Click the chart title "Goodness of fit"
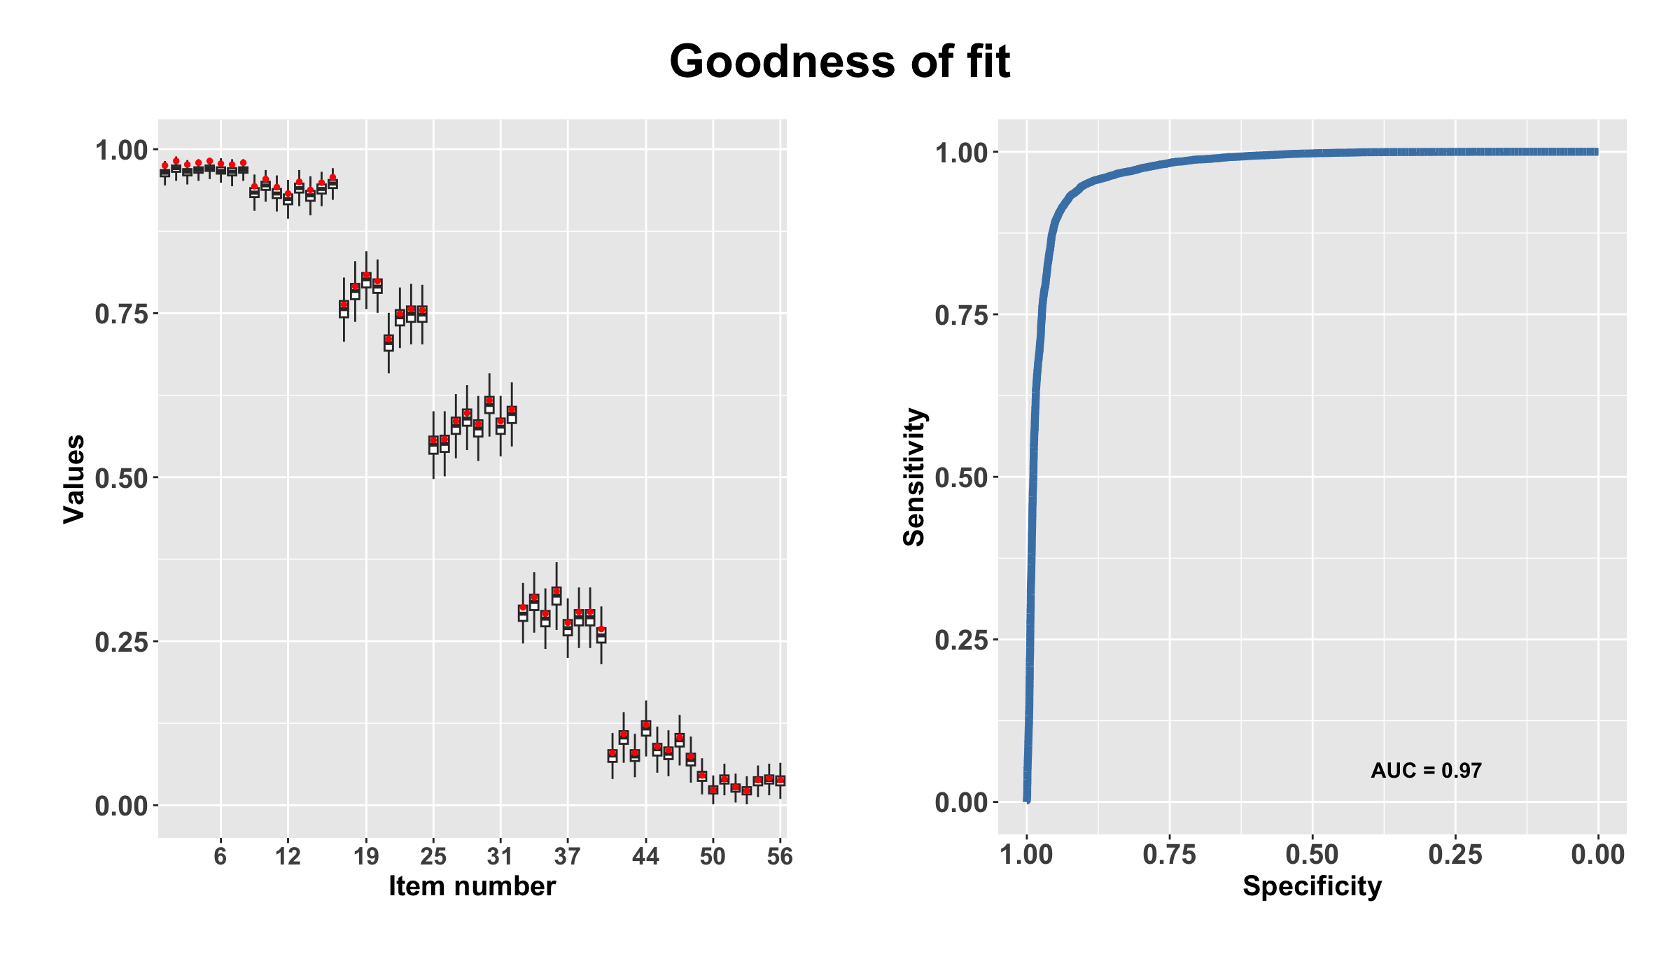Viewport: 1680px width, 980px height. tap(839, 62)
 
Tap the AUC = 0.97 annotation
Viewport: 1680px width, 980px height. tap(1426, 771)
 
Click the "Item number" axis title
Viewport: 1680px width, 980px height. tap(472, 886)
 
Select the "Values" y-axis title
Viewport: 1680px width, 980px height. tap(73, 479)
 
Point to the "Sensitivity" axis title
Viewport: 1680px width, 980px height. tap(914, 477)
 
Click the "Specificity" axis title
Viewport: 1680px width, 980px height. tap(1312, 886)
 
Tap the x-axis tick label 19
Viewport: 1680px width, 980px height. tap(366, 855)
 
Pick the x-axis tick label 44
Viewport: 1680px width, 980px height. tap(645, 855)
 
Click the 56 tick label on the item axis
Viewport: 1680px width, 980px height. tap(780, 855)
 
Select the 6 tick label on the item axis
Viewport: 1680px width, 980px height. tap(220, 855)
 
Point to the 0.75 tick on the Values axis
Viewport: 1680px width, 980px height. tap(122, 314)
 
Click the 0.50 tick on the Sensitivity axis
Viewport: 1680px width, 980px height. tap(962, 478)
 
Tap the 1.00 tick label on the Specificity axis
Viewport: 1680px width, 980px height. tap(1026, 855)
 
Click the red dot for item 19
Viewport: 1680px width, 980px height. tap(366, 276)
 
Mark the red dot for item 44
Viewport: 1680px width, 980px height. tap(645, 725)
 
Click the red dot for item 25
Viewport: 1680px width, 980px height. tap(433, 440)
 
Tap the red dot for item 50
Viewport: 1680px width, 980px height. tap(713, 790)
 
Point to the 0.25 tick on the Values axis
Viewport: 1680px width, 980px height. tap(122, 642)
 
